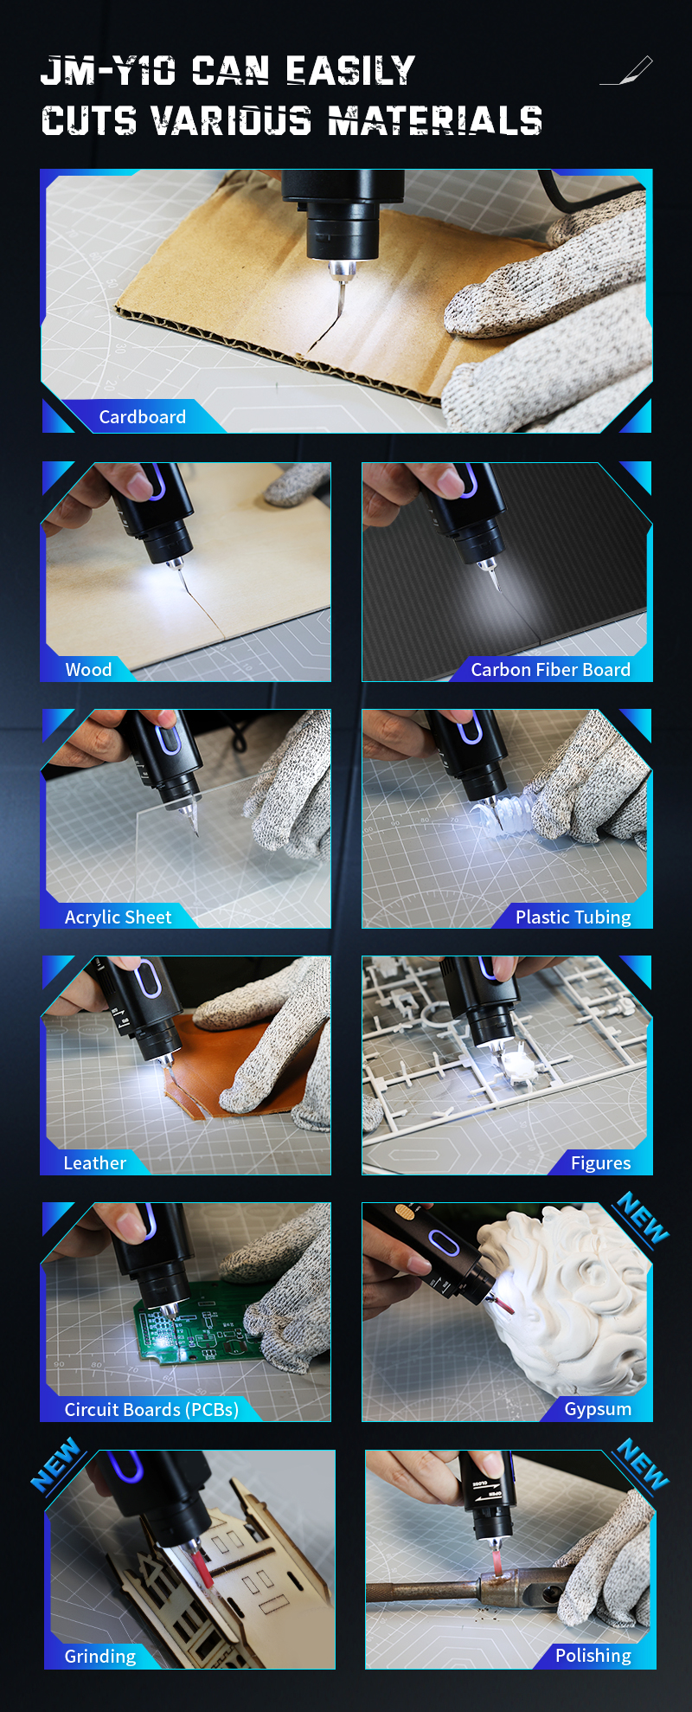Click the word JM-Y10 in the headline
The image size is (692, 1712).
pos(108,71)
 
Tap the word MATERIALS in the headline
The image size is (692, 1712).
pos(435,121)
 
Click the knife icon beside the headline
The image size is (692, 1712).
pos(626,71)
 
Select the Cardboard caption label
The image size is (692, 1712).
pos(143,417)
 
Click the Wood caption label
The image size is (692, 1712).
pos(88,670)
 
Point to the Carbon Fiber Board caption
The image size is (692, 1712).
pos(551,670)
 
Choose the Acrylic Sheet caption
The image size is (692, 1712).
pos(119,917)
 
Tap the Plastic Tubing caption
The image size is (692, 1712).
pos(573,917)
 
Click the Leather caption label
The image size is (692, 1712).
pos(95,1163)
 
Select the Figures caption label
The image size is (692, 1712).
pos(601,1163)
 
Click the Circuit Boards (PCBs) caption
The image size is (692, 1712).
pos(152,1410)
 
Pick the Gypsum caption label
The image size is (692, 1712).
pos(598,1409)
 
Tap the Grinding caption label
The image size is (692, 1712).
pos(100,1657)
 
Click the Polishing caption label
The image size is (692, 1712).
pos(593,1656)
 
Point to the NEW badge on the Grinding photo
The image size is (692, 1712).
pos(55,1464)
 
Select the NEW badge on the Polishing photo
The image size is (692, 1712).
pos(644,1464)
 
